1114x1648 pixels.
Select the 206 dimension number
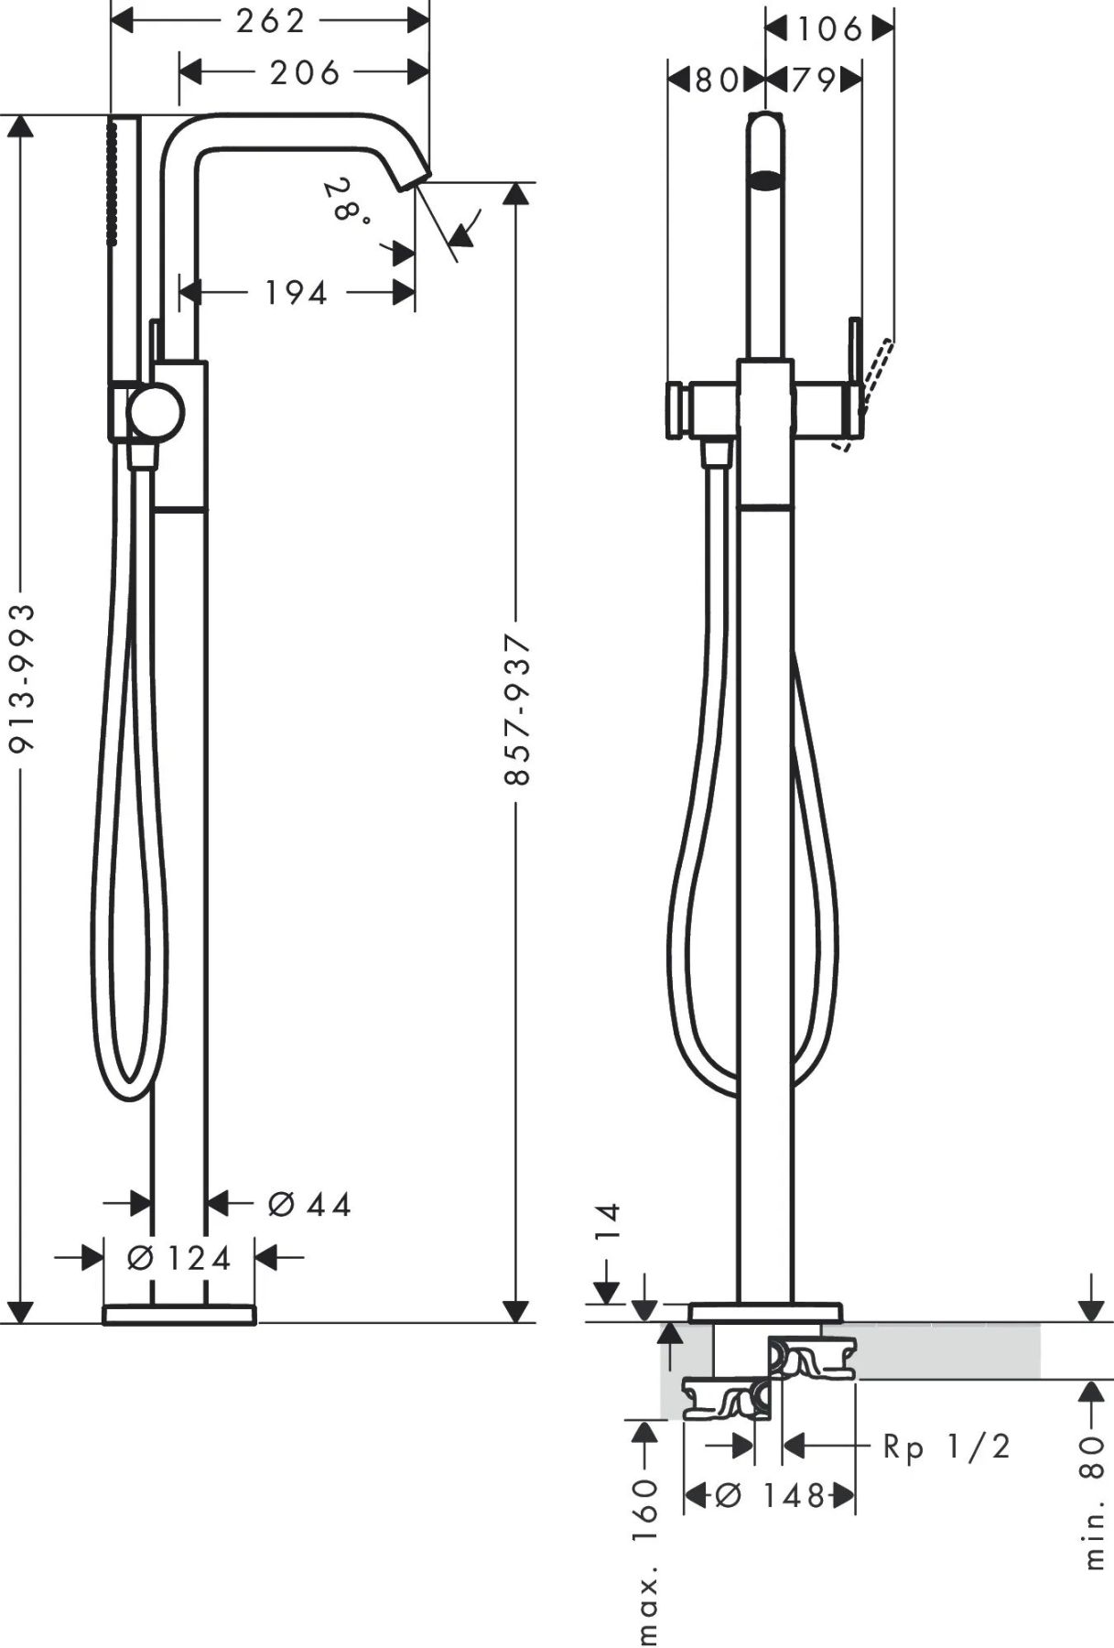click(x=305, y=72)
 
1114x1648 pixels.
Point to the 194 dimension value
click(x=296, y=293)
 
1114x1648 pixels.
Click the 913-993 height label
click(x=22, y=678)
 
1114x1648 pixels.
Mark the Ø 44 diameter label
click(x=309, y=1205)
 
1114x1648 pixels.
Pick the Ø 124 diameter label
click(x=179, y=1258)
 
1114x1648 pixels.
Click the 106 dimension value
click(x=829, y=29)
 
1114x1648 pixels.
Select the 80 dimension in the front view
click(x=717, y=81)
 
